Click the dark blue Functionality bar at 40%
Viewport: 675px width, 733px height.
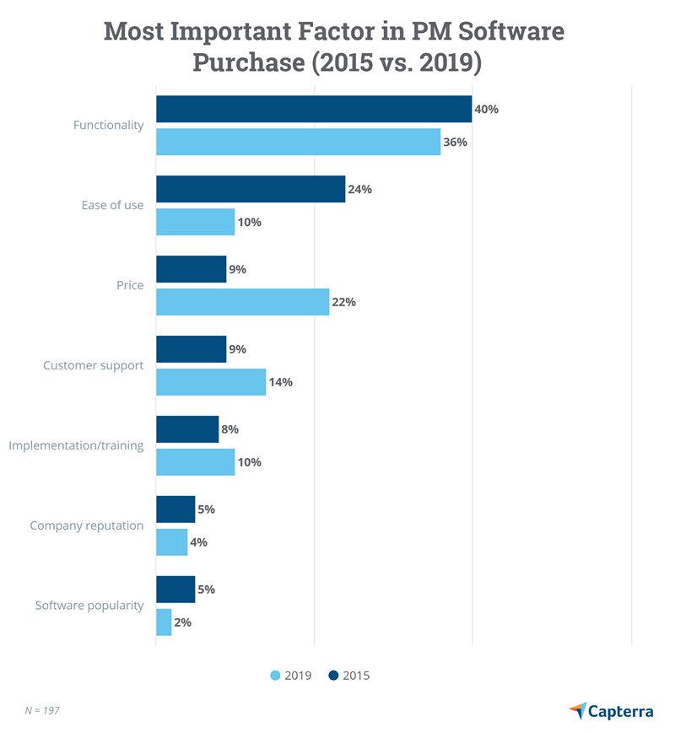click(x=314, y=109)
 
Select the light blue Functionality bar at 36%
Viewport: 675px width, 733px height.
click(x=298, y=142)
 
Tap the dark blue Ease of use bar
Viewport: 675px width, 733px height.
click(x=251, y=189)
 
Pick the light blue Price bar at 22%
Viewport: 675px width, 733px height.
click(x=242, y=302)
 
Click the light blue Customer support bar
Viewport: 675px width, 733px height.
click(x=211, y=382)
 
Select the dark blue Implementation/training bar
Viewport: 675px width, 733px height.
click(x=187, y=429)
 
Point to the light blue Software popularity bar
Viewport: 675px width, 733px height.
click(x=164, y=623)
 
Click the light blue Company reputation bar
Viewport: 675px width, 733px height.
click(x=171, y=542)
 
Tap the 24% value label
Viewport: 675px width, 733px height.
click(x=359, y=189)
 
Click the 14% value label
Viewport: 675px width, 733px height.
click(x=280, y=382)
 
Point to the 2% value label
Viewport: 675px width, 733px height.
click(x=182, y=623)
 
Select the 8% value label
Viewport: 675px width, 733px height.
click(x=229, y=429)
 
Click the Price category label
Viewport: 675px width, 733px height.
click(x=130, y=285)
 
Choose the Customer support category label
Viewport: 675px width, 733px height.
click(x=93, y=365)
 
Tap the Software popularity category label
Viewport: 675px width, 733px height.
click(x=89, y=606)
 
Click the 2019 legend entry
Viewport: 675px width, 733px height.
click(x=291, y=675)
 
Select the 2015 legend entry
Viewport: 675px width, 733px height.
click(x=348, y=675)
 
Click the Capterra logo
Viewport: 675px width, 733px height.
click(x=611, y=710)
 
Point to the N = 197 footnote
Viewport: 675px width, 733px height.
click(x=42, y=711)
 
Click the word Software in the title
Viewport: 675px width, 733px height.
click(x=505, y=32)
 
